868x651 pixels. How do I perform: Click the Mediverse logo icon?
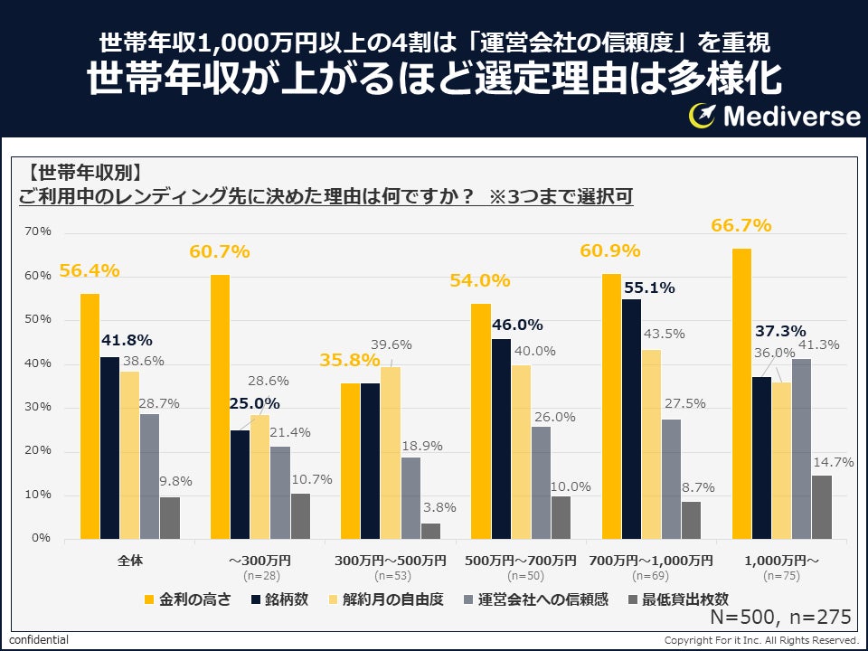[x=703, y=115]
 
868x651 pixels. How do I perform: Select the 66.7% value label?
[x=741, y=225]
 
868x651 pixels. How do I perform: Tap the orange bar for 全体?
[x=90, y=416]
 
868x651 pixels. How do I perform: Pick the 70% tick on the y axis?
[x=39, y=232]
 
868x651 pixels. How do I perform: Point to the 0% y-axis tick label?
[x=42, y=539]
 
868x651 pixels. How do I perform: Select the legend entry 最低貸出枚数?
[x=684, y=599]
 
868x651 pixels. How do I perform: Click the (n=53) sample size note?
[x=390, y=575]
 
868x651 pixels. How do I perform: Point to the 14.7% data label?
[x=834, y=462]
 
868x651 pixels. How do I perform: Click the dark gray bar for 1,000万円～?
[x=821, y=507]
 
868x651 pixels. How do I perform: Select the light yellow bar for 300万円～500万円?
[x=390, y=453]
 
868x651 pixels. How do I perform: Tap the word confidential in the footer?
[x=39, y=639]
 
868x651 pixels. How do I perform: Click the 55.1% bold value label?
[x=648, y=288]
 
